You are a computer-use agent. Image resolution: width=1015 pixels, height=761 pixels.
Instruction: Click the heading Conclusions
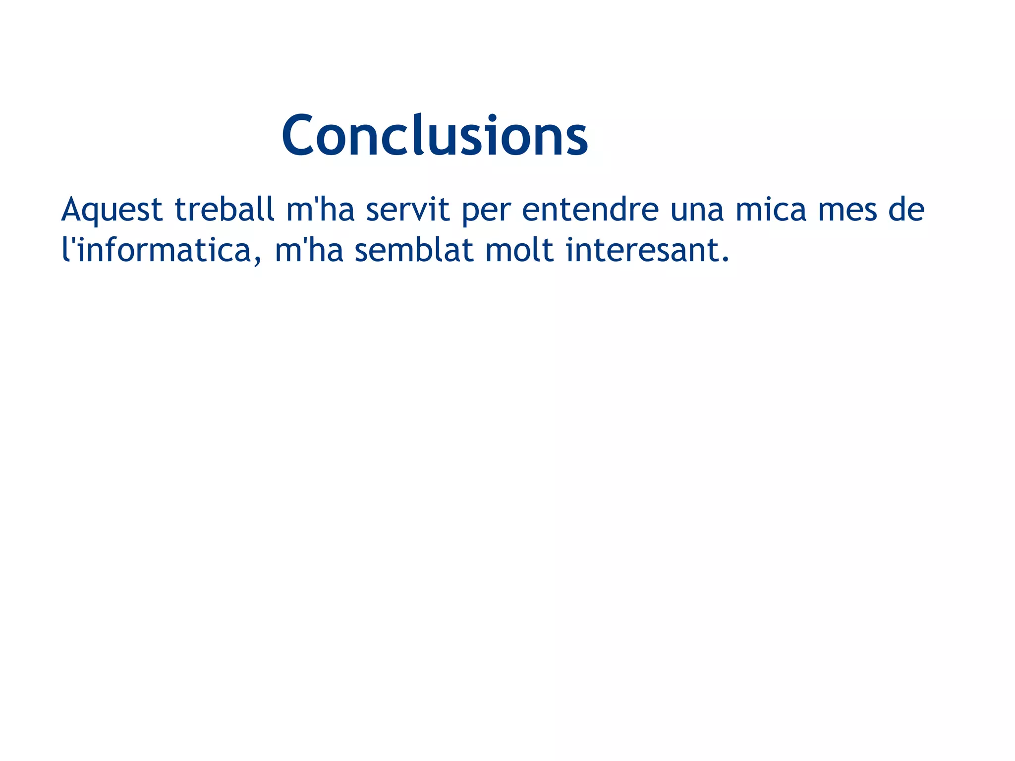tap(435, 135)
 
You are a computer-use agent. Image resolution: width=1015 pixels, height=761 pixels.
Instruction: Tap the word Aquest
tap(112, 210)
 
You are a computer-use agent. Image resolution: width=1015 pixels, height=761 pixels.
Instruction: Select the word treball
tap(225, 209)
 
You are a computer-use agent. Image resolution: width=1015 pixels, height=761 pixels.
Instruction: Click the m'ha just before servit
tap(320, 209)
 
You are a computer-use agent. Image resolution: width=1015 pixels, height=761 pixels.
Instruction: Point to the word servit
tap(407, 209)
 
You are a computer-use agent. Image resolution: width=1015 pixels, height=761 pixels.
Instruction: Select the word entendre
tap(590, 209)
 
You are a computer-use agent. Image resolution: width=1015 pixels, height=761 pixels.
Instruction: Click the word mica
tap(771, 209)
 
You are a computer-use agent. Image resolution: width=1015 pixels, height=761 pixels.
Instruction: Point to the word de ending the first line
tap(906, 209)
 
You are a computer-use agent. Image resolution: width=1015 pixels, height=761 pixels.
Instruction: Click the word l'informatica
tap(157, 250)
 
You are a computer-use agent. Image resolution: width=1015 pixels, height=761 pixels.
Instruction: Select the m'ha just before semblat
tap(309, 250)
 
